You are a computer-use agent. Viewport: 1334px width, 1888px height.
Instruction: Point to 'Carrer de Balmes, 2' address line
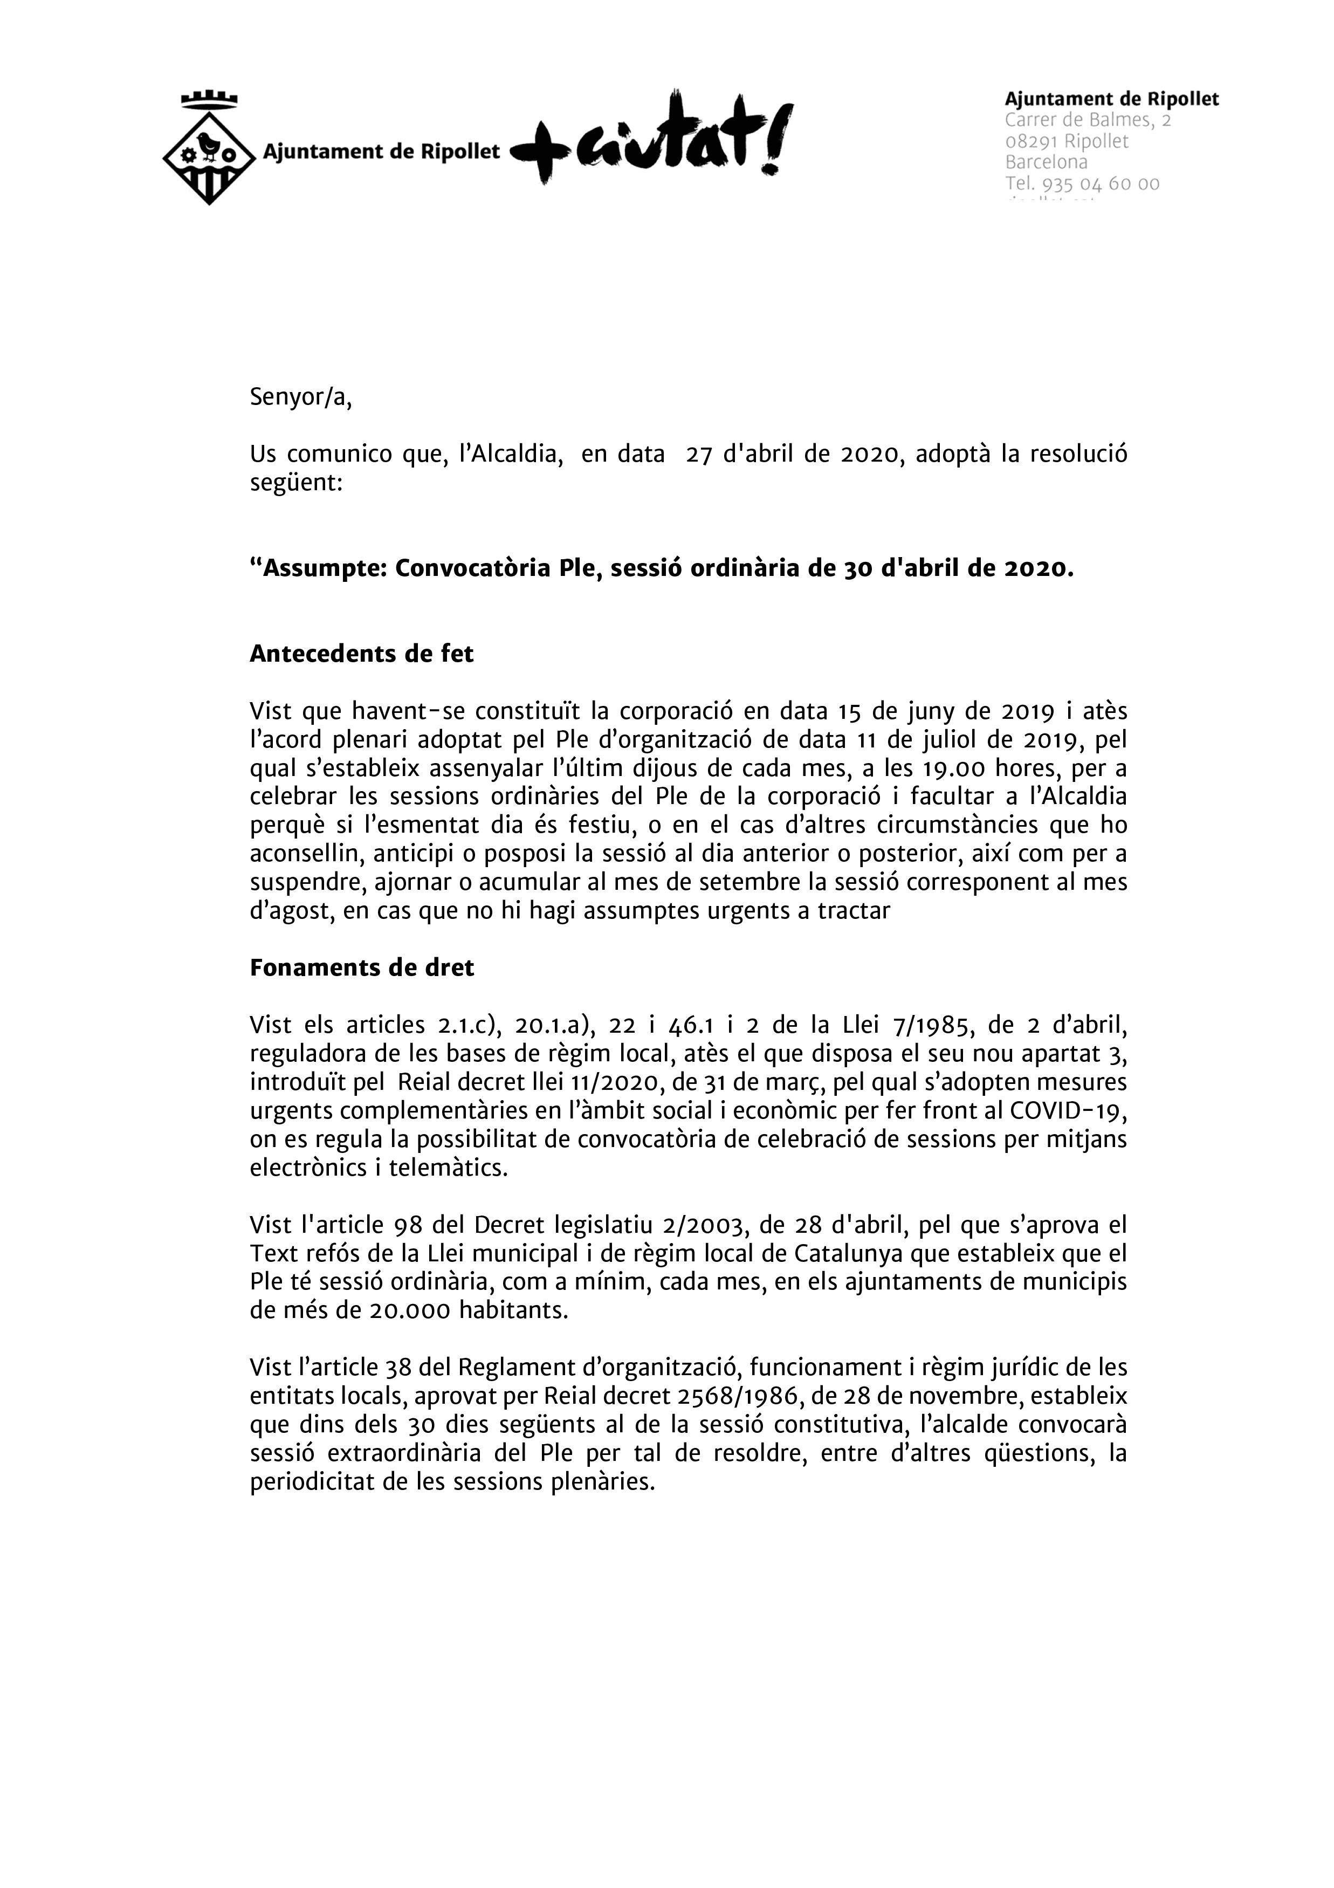coord(1087,120)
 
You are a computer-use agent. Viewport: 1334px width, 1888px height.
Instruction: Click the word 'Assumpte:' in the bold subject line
coord(323,569)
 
